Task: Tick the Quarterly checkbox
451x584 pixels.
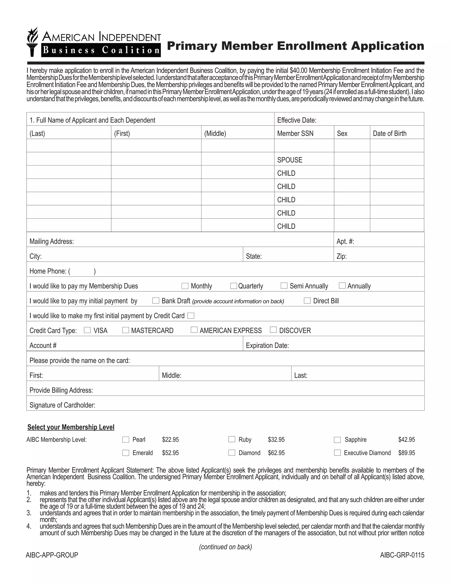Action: pyautogui.click(x=233, y=286)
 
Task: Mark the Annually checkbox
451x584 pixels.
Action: pyautogui.click(x=342, y=286)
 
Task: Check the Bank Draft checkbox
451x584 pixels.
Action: pyautogui.click(x=156, y=301)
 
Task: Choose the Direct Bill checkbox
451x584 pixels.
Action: pyautogui.click(x=307, y=301)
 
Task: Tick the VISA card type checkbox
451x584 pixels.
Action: pyautogui.click(x=87, y=330)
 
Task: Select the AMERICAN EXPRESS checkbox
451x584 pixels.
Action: pyautogui.click(x=194, y=330)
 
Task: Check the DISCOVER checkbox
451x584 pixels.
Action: pyautogui.click(x=273, y=330)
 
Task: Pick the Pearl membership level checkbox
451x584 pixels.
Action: pyautogui.click(x=126, y=440)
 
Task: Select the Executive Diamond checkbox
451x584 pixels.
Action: pyautogui.click(x=337, y=453)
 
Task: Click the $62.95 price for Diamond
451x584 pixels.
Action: pyautogui.click(x=276, y=453)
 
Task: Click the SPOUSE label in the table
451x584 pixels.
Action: pyautogui.click(x=290, y=160)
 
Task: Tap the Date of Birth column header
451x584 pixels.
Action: pyautogui.click(x=389, y=133)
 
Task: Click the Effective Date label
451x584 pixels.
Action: pyautogui.click(x=297, y=120)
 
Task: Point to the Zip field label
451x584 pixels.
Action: pyautogui.click(x=342, y=256)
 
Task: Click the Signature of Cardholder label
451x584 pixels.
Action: pyautogui.click(x=62, y=405)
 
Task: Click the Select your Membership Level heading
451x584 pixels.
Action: pyautogui.click(x=71, y=427)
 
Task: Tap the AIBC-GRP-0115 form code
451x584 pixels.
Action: pyautogui.click(x=402, y=555)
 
